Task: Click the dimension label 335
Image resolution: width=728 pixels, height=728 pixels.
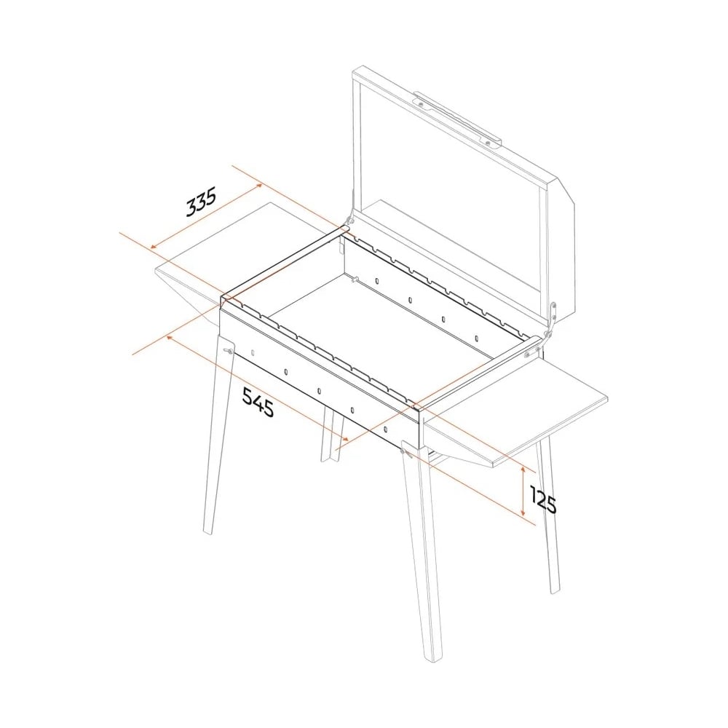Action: tap(201, 202)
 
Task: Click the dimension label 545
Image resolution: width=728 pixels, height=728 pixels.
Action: tap(258, 402)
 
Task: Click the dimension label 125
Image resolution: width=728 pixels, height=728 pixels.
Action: tap(543, 499)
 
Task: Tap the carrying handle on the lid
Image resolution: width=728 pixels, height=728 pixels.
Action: tap(457, 119)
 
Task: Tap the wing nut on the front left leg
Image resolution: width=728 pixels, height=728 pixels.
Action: tap(228, 351)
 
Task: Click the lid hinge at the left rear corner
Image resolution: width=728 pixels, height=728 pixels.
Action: tap(348, 221)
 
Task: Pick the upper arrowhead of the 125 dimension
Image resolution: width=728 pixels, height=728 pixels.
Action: tap(523, 470)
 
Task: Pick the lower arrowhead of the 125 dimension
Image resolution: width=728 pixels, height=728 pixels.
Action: tap(523, 513)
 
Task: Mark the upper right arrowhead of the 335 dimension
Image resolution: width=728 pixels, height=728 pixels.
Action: tap(260, 185)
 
